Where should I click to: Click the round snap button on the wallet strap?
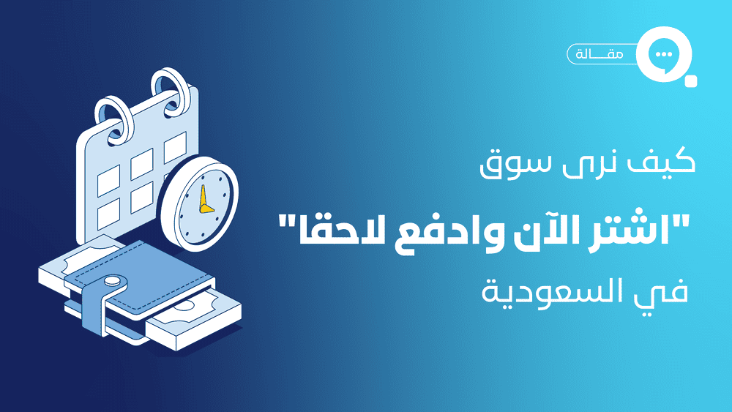point(112,282)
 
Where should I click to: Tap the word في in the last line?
point(666,293)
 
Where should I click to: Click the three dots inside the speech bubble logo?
point(663,55)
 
